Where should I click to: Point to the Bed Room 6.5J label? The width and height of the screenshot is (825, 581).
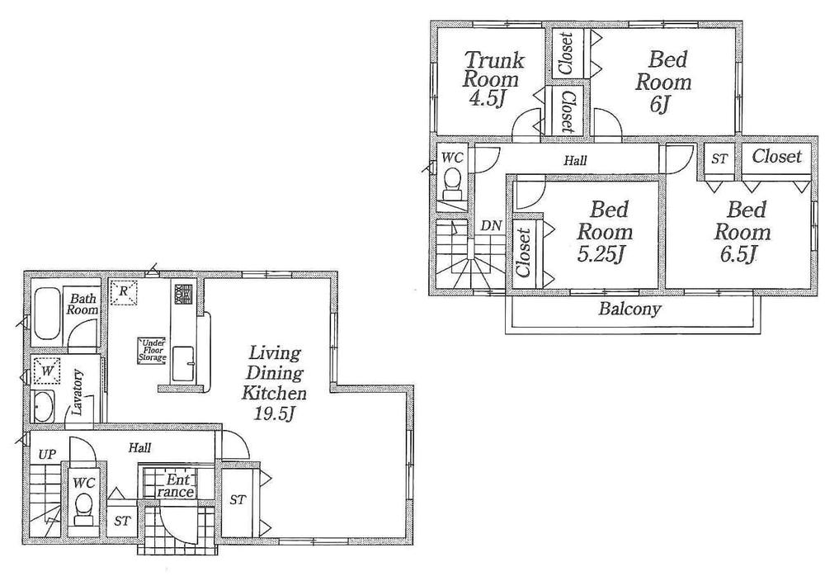741,232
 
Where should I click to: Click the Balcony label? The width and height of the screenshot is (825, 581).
630,310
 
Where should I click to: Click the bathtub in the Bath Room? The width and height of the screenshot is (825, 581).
46,314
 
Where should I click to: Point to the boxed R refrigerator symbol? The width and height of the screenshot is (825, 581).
125,291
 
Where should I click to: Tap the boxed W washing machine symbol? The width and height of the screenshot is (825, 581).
48,372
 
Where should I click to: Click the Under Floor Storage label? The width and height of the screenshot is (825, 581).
153,351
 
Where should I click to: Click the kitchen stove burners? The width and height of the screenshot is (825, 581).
181,294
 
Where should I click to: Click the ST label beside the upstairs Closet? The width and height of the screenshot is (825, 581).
719,158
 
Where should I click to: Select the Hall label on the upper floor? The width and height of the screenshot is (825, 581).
575,161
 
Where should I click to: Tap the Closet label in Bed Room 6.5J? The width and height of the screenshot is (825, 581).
776,156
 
